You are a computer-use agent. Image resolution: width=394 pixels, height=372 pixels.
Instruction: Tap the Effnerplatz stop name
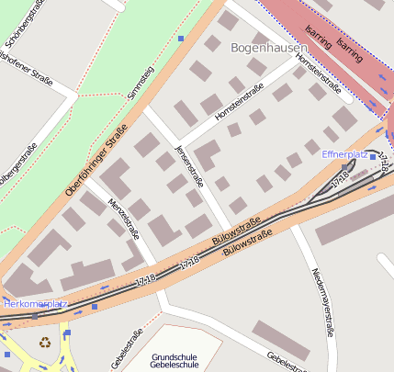pyautogui.click(x=344, y=154)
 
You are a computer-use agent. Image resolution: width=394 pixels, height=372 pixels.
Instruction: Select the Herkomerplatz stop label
pyautogui.click(x=35, y=303)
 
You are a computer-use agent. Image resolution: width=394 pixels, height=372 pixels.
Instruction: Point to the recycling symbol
pyautogui.click(x=45, y=343)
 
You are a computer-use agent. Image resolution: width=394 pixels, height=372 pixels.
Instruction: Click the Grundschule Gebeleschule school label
pyautogui.click(x=174, y=360)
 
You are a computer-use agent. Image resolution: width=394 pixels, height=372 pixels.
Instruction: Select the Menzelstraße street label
pyautogui.click(x=123, y=220)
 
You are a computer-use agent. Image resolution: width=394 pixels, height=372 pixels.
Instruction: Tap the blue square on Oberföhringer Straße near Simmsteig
pyautogui.click(x=181, y=38)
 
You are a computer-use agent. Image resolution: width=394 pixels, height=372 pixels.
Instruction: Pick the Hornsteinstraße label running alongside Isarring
pyautogui.click(x=319, y=74)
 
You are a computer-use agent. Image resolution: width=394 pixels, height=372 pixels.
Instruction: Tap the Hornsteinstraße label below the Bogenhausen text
pyautogui.click(x=239, y=104)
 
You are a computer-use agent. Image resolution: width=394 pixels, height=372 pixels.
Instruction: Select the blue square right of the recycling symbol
pyautogui.click(x=66, y=333)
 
